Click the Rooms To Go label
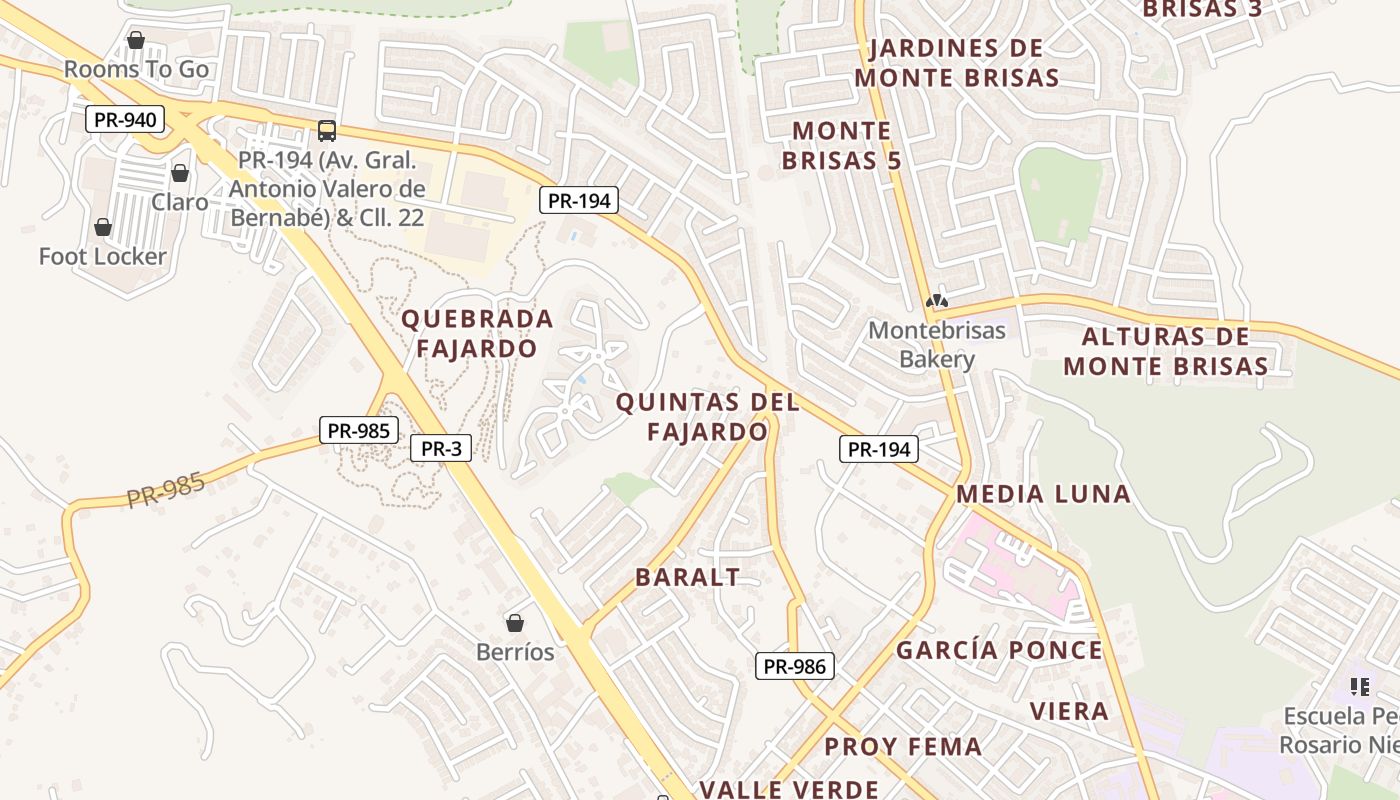136,69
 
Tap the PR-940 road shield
125,120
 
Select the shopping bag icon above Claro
180,174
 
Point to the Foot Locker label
103,257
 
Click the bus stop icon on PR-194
326,130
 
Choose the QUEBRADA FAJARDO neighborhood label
477,333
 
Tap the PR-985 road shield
358,431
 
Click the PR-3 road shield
441,448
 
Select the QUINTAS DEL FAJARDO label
708,417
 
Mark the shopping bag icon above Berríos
515,623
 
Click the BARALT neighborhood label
688,577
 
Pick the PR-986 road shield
794,666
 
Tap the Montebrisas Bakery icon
937,301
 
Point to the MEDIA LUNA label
1043,493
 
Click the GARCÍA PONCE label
999,650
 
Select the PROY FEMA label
903,746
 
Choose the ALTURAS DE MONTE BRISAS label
1166,351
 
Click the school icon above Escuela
1359,686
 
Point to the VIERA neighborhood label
1069,711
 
